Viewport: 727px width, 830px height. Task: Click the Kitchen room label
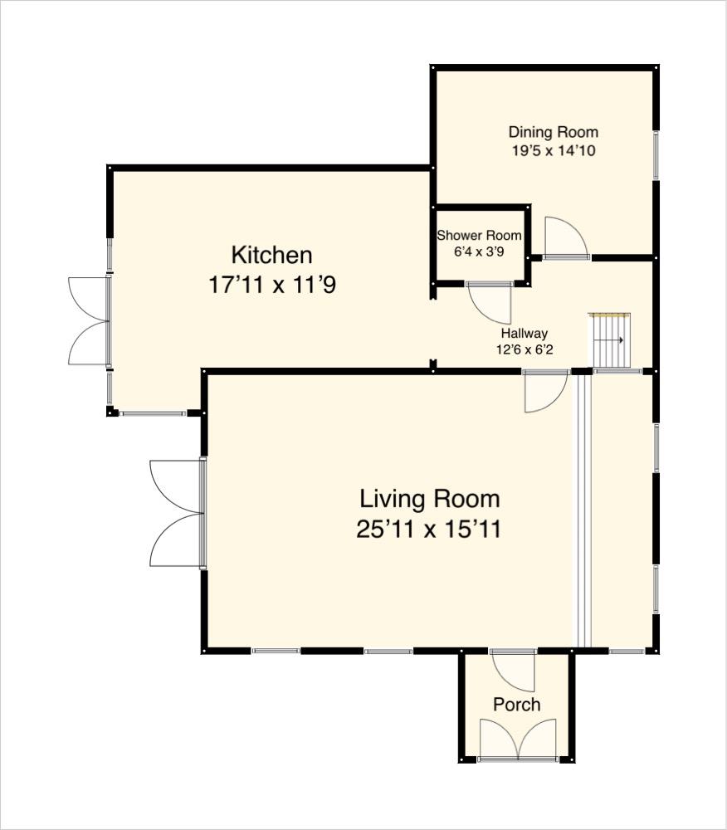pos(272,255)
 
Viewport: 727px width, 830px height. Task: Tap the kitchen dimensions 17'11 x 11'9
pos(272,285)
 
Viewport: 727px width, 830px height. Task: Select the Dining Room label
pos(554,132)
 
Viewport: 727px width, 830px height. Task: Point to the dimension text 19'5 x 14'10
pos(554,151)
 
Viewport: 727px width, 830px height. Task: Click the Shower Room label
pos(479,235)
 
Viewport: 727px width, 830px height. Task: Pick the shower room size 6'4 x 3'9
pos(479,251)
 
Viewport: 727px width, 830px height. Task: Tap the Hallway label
pos(525,334)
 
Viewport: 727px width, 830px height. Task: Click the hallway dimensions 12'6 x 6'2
pos(525,349)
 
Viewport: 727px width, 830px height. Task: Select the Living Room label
pos(430,499)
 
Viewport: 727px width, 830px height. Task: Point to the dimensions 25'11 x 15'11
pos(428,529)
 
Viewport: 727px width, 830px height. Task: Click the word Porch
pos(516,705)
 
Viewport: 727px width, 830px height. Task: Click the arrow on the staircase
pos(608,340)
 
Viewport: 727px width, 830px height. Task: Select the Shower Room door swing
pos(490,304)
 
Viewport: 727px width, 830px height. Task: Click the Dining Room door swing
pos(566,237)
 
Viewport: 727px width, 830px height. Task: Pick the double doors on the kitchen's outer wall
pos(89,321)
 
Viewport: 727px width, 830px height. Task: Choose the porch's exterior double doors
pos(518,739)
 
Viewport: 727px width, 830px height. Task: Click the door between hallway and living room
pos(546,392)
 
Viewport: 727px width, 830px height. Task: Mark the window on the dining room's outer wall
pos(656,154)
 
